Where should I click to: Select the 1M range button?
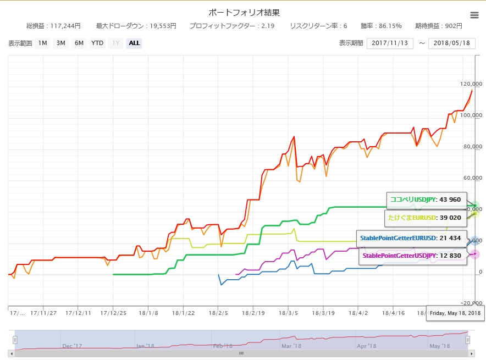point(42,43)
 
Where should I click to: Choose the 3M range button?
point(60,43)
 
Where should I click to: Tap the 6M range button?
point(79,43)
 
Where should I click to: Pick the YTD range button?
point(97,43)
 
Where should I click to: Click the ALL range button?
point(134,43)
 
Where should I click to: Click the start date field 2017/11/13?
point(390,43)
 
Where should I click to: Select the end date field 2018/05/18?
point(451,43)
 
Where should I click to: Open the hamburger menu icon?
point(474,15)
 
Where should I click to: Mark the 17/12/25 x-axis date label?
point(113,313)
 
